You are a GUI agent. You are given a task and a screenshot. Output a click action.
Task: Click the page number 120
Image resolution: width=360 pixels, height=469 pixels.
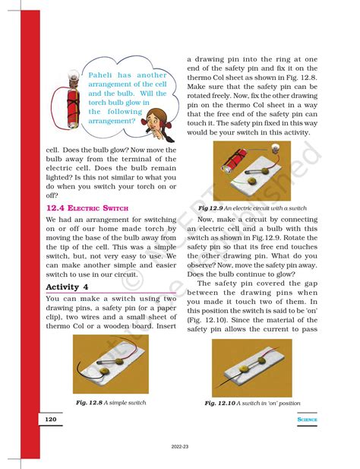(x=50, y=420)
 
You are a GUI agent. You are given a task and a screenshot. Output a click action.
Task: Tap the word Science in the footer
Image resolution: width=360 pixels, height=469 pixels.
(x=308, y=420)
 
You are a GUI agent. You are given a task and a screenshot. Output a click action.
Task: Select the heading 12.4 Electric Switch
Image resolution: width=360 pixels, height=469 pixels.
(x=87, y=207)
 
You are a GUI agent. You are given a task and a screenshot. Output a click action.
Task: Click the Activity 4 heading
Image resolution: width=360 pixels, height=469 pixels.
(x=68, y=287)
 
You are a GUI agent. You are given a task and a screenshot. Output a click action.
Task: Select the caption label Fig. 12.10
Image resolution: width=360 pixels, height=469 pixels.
(x=220, y=402)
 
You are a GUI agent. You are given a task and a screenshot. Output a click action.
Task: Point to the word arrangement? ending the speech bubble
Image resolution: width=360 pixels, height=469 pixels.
(x=114, y=120)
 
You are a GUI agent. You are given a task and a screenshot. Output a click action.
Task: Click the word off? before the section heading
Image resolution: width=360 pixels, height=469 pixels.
(x=52, y=195)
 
